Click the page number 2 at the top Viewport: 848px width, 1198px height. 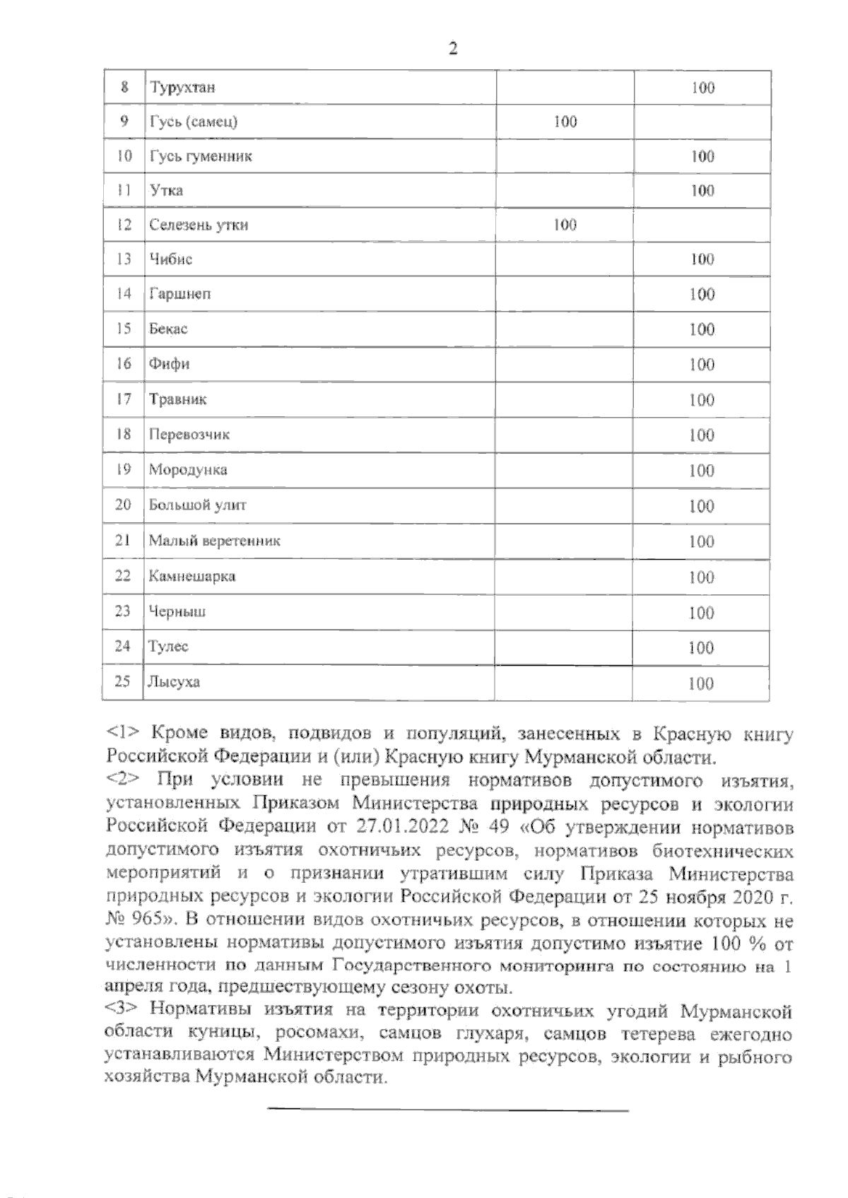[x=453, y=49]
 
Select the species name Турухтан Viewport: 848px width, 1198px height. [x=182, y=88]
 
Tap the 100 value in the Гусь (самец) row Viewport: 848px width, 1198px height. [x=565, y=122]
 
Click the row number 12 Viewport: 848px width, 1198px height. [x=124, y=225]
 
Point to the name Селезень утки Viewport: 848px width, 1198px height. [x=198, y=225]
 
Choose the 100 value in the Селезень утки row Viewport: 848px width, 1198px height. [x=565, y=225]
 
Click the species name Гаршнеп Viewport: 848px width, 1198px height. [x=179, y=294]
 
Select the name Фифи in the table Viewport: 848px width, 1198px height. [x=169, y=364]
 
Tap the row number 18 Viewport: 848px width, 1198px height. [x=124, y=434]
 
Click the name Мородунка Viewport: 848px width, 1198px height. [x=187, y=469]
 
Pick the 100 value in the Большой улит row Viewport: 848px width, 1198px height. [x=702, y=506]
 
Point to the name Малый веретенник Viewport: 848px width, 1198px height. [x=214, y=541]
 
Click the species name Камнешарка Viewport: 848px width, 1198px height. [x=192, y=576]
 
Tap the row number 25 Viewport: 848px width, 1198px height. [x=123, y=681]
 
